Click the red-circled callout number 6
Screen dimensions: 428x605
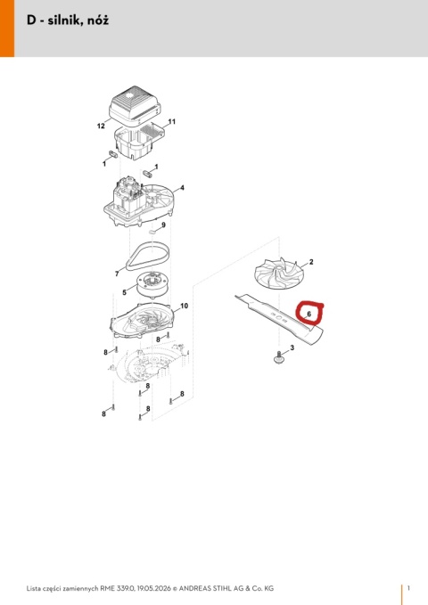click(x=309, y=314)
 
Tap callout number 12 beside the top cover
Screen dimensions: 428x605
click(x=101, y=126)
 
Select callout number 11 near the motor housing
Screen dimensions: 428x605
click(x=172, y=121)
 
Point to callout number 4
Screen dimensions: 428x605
click(x=182, y=188)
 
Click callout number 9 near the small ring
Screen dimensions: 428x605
click(x=163, y=225)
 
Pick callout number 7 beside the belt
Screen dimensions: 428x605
click(x=117, y=274)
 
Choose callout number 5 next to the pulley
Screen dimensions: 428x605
click(x=124, y=292)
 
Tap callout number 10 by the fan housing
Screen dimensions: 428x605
click(x=185, y=306)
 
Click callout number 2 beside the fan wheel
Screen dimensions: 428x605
click(x=311, y=262)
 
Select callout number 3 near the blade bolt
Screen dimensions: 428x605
click(x=292, y=347)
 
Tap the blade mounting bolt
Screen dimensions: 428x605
click(x=277, y=357)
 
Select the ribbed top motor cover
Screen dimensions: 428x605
click(x=135, y=103)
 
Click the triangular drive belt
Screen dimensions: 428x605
click(x=148, y=257)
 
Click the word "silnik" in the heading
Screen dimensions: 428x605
click(x=64, y=20)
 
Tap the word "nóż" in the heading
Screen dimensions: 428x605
click(x=98, y=20)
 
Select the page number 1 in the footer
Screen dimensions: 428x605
click(x=409, y=588)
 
